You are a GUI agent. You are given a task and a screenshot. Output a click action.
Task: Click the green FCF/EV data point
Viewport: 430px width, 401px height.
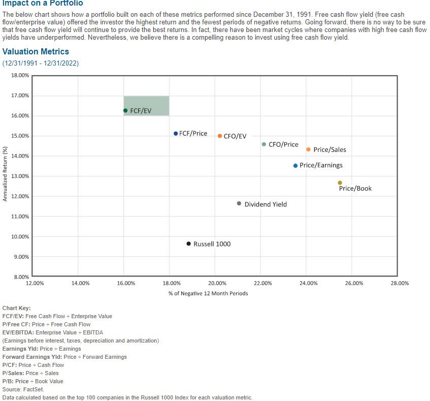[125, 110]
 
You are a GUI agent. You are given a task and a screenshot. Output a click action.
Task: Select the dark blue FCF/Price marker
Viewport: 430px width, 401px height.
[176, 134]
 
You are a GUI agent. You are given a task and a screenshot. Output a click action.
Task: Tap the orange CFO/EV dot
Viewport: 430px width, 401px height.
[220, 136]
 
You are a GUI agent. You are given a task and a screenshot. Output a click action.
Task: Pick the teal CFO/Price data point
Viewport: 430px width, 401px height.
[263, 144]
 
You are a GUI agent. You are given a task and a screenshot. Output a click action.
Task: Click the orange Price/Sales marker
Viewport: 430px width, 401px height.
[308, 149]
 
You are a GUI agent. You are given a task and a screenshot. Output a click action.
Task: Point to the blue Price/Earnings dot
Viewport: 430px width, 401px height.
[295, 166]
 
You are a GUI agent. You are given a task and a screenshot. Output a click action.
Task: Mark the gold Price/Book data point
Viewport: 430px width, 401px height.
[340, 183]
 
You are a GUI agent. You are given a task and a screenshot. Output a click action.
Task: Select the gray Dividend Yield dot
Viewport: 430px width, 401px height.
[239, 204]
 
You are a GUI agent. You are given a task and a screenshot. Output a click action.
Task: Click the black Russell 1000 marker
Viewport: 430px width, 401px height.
[189, 244]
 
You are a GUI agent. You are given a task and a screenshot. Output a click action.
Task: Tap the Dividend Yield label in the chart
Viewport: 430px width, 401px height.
[266, 204]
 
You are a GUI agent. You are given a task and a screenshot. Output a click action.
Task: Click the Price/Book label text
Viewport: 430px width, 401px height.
[355, 189]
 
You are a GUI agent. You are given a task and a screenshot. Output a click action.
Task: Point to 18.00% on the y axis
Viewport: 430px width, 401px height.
[20, 75]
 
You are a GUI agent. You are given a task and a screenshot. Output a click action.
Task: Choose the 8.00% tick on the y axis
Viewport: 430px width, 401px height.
[21, 277]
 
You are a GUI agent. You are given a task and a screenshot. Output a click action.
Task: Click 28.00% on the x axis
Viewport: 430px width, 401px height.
[400, 284]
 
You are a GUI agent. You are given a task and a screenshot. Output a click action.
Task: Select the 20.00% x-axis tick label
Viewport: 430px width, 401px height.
[217, 284]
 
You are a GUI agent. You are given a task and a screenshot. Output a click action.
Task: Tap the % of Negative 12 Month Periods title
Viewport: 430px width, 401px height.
[208, 293]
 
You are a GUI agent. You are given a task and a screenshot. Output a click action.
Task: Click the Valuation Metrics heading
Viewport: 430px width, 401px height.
[36, 52]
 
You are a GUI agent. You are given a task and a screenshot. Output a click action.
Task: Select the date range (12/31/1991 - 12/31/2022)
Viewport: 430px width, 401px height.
[41, 64]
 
